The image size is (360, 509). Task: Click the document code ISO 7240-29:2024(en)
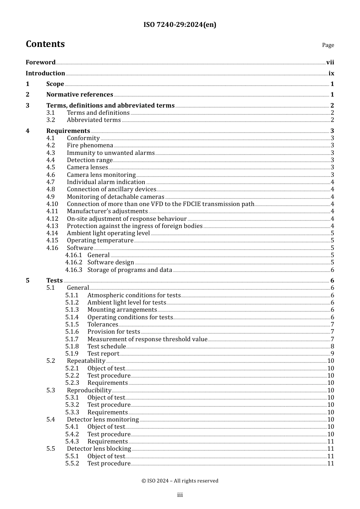pyautogui.click(x=180, y=25)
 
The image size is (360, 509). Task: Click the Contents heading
pyautogui.click(x=45, y=44)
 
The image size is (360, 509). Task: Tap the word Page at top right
pyautogui.click(x=328, y=45)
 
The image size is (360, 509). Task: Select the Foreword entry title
pyautogui.click(x=41, y=62)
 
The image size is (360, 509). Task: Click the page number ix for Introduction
pyautogui.click(x=331, y=73)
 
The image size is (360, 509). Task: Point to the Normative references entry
pyautogui.click(x=80, y=95)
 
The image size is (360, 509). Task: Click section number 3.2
pyautogui.click(x=51, y=120)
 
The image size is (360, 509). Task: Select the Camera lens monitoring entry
pyautogui.click(x=101, y=175)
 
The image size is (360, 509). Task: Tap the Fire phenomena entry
pyautogui.click(x=90, y=145)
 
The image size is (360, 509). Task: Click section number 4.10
pyautogui.click(x=52, y=204)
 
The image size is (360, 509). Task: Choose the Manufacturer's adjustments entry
pyautogui.click(x=107, y=211)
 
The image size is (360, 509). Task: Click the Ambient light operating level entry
pyautogui.click(x=108, y=233)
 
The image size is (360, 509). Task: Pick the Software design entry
pyautogui.click(x=111, y=262)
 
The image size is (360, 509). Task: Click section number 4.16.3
pyautogui.click(x=74, y=270)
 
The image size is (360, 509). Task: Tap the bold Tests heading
pyautogui.click(x=54, y=281)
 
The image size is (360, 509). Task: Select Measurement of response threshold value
pyautogui.click(x=147, y=339)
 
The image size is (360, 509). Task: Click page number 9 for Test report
pyautogui.click(x=332, y=354)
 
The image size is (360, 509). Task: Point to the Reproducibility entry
pyautogui.click(x=89, y=390)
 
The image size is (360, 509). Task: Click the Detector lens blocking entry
pyautogui.click(x=99, y=449)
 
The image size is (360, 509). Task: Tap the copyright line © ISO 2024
pyautogui.click(x=180, y=481)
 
